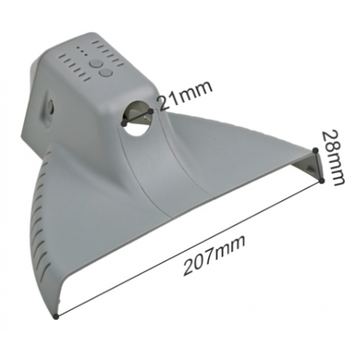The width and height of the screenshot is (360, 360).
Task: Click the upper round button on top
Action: [x=95, y=64]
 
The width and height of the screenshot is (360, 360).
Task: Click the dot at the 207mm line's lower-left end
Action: [x=56, y=317]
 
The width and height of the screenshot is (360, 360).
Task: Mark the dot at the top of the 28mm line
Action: [x=316, y=150]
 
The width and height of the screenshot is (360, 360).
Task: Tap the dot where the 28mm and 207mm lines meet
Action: [x=322, y=181]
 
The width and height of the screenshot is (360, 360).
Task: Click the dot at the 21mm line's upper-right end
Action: [x=150, y=112]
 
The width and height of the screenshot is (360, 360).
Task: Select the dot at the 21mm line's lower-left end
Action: [x=124, y=124]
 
